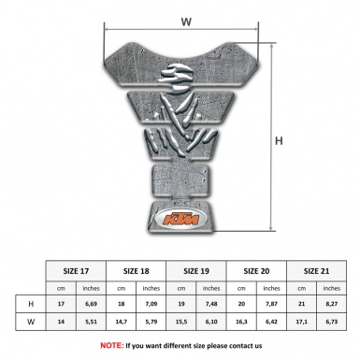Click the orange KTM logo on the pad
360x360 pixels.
coord(179,221)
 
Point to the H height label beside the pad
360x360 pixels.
coord(279,142)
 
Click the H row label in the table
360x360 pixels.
coord(32,304)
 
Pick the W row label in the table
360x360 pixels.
coord(32,323)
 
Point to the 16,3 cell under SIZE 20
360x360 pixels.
coord(241,323)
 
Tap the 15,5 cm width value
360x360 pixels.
coord(180,323)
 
